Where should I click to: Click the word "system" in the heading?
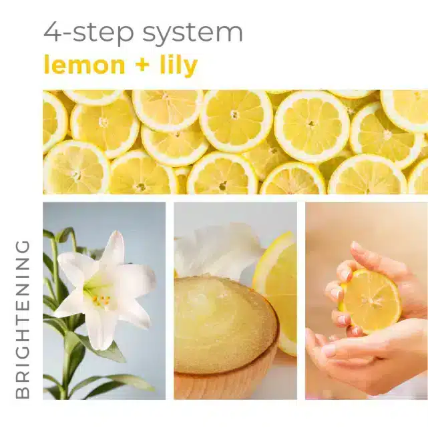pyautogui.click(x=192, y=33)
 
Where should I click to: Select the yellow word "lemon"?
pyautogui.click(x=84, y=65)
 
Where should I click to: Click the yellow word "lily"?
pyautogui.click(x=179, y=65)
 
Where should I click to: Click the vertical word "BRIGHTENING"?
pyautogui.click(x=23, y=319)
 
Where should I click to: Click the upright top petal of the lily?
pyautogui.click(x=114, y=250)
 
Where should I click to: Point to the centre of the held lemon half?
pyautogui.click(x=371, y=301)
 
